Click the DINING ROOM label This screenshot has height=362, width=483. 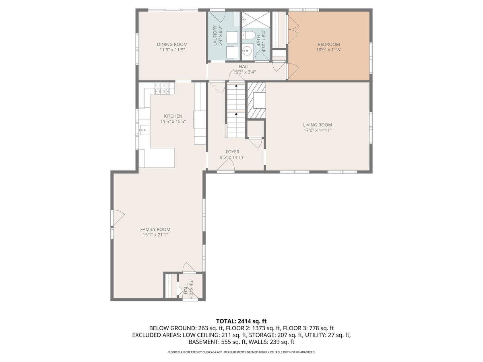[172, 44]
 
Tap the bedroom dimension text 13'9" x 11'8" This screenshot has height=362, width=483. [328, 50]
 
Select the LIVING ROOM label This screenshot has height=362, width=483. [317, 125]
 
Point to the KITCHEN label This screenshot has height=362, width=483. [173, 116]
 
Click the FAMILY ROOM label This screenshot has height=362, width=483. [155, 229]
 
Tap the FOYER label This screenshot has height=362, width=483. [232, 152]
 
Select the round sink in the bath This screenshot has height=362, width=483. [248, 51]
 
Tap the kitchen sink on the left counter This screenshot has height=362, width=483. [143, 130]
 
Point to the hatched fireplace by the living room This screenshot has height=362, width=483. [256, 101]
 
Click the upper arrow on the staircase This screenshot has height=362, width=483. [235, 86]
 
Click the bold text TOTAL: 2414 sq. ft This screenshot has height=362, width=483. [242, 321]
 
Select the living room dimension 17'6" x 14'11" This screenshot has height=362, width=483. [317, 130]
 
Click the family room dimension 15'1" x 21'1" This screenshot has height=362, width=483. [155, 234]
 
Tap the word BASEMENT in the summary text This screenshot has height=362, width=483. [204, 342]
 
